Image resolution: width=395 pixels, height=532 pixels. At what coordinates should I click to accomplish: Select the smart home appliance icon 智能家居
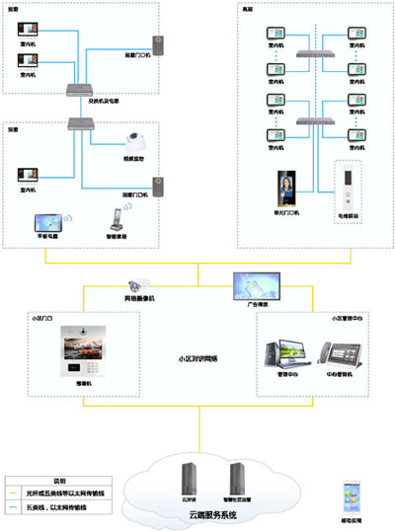[x=114, y=222]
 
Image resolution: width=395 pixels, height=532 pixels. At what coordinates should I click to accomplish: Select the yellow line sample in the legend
[x=21, y=491]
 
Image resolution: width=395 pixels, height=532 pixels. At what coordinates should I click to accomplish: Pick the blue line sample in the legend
[x=21, y=508]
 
